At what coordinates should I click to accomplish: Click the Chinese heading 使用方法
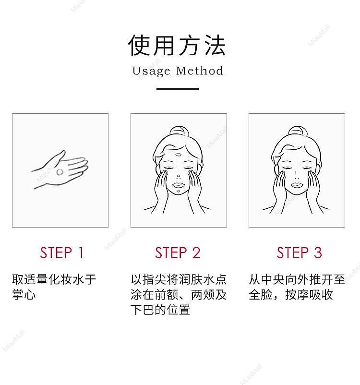[177, 46]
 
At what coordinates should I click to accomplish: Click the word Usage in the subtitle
[151, 71]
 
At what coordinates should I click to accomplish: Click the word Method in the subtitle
[200, 71]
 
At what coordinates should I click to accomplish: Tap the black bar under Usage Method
[178, 89]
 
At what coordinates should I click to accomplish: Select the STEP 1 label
[62, 253]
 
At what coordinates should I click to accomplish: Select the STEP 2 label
[178, 253]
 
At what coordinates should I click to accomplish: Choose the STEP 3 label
[300, 253]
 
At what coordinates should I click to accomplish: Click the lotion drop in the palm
[60, 172]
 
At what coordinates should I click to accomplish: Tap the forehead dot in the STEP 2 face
[179, 155]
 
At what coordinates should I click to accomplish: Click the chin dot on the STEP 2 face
[178, 191]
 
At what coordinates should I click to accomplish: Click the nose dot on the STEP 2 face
[178, 176]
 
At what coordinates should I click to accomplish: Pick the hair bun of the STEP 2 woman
[179, 131]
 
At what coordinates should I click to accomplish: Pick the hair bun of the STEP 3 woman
[298, 131]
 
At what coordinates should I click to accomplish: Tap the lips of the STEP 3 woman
[297, 185]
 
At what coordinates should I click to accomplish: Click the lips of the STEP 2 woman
[178, 185]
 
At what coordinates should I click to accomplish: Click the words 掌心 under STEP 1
[24, 294]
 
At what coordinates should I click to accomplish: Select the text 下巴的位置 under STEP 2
[160, 310]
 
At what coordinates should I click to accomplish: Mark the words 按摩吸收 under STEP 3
[309, 294]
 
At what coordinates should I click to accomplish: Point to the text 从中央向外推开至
[297, 279]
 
